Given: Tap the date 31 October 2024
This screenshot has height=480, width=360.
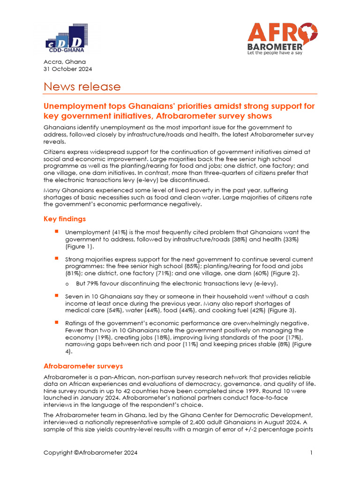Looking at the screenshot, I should (x=68, y=69).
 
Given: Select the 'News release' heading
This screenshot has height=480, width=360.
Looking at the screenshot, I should (x=82, y=87).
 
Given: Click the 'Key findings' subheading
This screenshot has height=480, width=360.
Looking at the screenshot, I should (x=65, y=219).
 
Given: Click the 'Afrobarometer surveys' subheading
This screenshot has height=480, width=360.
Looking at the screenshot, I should (x=83, y=366).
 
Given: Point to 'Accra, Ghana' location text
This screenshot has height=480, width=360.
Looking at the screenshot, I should (x=65, y=62).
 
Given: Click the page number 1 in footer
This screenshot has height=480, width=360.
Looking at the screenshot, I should (x=311, y=453).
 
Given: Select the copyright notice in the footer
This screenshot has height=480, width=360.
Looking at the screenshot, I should (x=91, y=453).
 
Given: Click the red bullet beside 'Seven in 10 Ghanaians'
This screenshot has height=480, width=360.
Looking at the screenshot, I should (x=56, y=296).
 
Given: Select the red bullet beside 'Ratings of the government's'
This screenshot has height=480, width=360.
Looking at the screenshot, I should (x=56, y=322).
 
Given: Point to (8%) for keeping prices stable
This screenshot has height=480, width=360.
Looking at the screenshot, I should (x=281, y=345).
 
